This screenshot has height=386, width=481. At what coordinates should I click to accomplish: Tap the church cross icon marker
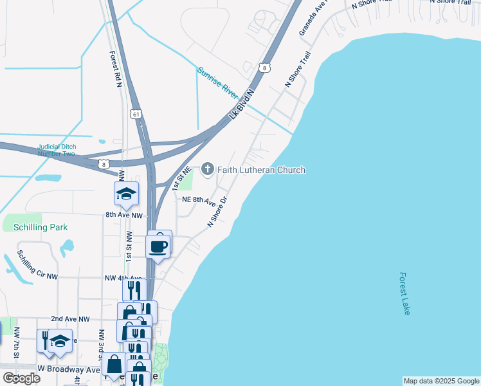208,169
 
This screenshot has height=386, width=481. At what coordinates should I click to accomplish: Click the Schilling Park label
35,227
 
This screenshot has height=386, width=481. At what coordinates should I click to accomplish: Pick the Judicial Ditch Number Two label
57,150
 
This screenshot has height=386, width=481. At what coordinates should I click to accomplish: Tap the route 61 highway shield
135,114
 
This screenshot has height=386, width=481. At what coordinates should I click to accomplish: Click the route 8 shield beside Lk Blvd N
265,67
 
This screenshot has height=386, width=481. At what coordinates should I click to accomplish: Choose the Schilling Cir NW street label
37,264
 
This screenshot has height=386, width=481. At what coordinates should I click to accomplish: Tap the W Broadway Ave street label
69,369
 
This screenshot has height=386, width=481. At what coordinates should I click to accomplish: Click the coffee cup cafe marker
158,246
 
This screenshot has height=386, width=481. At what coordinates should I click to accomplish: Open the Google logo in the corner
21,378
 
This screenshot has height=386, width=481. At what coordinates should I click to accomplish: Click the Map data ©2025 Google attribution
440,381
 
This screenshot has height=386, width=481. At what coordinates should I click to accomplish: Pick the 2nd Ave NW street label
71,319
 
